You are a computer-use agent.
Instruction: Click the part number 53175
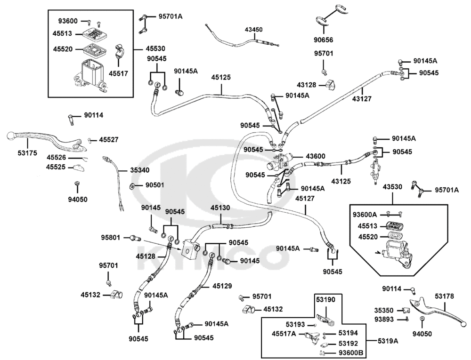[x=15, y=152]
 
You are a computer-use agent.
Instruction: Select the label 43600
[x=316, y=156]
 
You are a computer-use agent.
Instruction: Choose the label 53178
[x=444, y=296]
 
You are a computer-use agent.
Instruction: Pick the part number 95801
[x=111, y=236]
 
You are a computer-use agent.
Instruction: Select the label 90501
[x=154, y=185]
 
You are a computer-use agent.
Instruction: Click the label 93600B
[x=350, y=353]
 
